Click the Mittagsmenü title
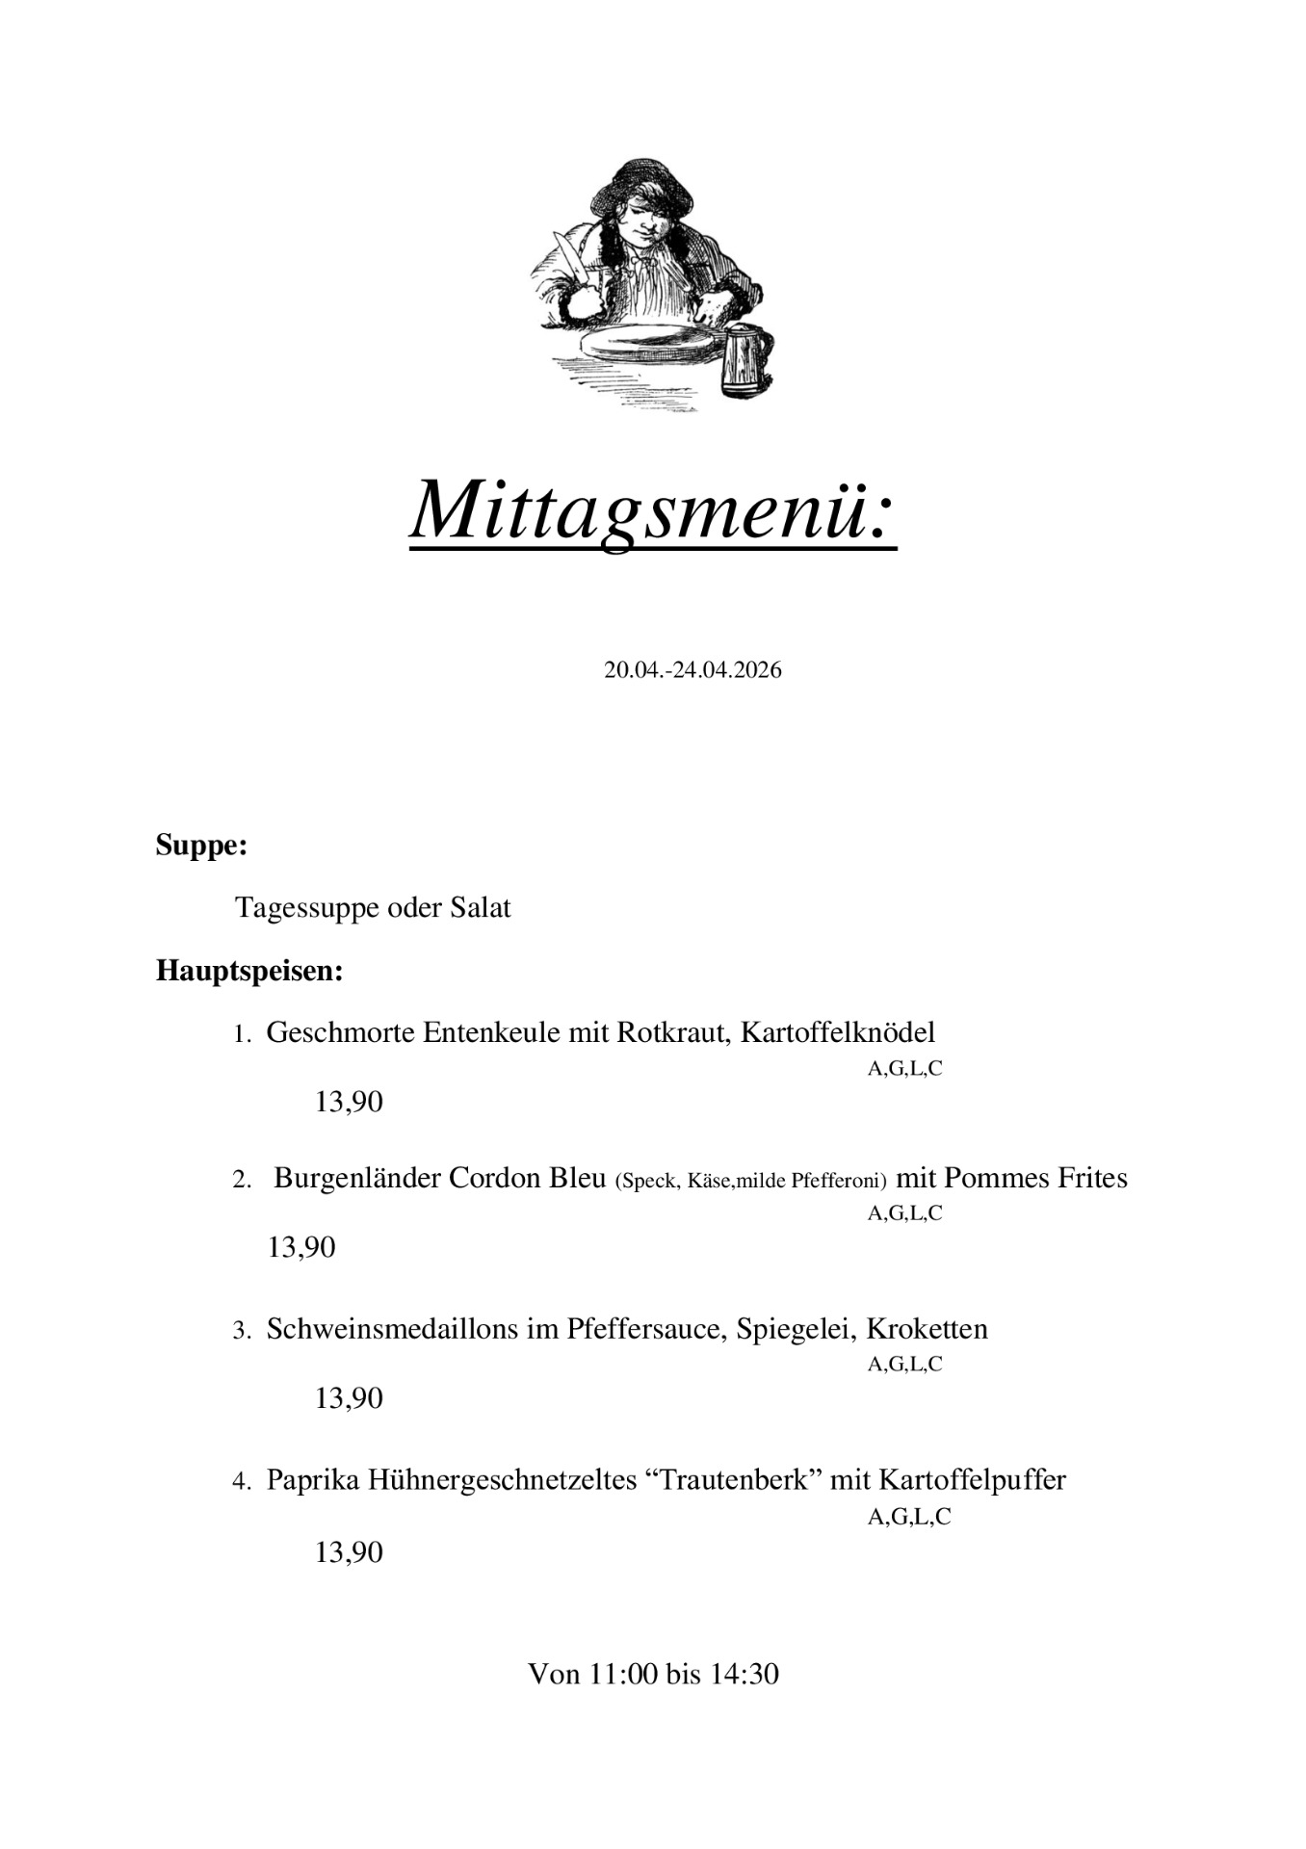[x=653, y=509]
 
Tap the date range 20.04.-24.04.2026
[x=692, y=670]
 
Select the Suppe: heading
[x=201, y=846]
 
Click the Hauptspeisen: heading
[x=249, y=971]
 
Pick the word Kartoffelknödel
[x=838, y=1032]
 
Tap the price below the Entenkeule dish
[x=349, y=1102]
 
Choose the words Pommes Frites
[x=1035, y=1178]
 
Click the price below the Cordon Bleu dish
[x=301, y=1247]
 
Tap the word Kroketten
[x=927, y=1329]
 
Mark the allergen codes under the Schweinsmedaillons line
[x=904, y=1364]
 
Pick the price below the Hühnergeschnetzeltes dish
[x=349, y=1552]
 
